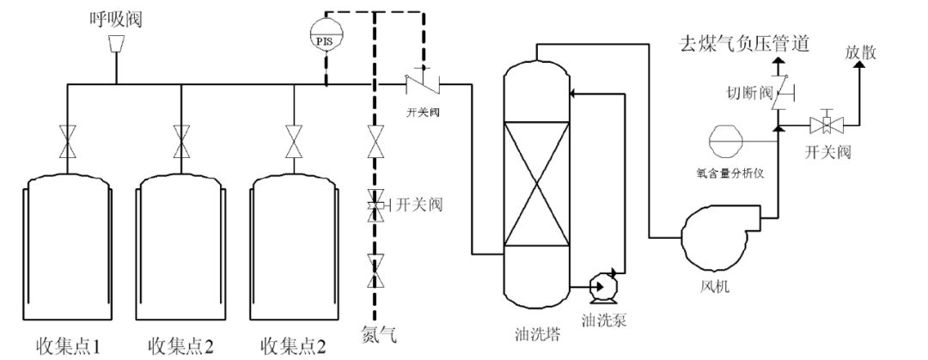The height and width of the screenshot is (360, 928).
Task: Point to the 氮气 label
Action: (x=375, y=333)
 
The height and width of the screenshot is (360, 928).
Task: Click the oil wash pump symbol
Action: (x=601, y=285)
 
